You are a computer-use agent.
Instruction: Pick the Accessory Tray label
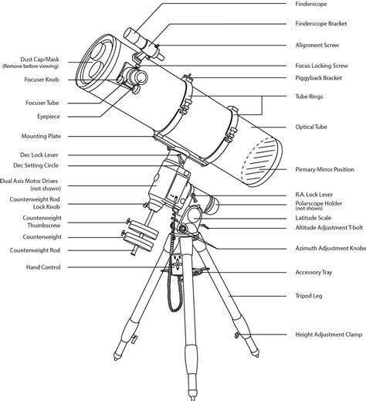314,272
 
